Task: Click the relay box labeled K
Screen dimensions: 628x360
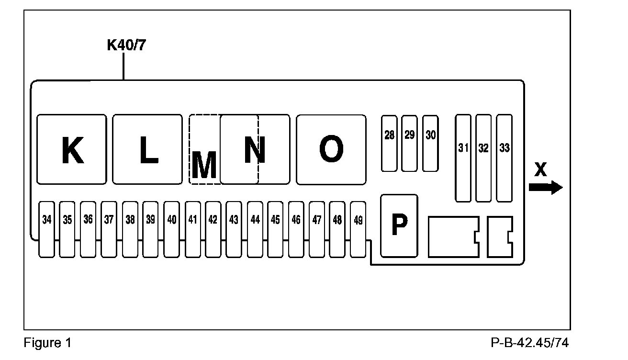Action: (x=72, y=149)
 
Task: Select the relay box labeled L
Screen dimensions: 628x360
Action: (x=147, y=149)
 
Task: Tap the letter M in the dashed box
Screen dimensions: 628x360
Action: (x=204, y=164)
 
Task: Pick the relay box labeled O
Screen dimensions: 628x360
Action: (x=331, y=149)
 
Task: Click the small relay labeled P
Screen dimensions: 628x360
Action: (x=399, y=225)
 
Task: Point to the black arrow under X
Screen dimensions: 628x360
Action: (x=546, y=187)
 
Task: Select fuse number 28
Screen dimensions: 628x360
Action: (x=389, y=143)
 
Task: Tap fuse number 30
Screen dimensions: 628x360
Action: (x=431, y=143)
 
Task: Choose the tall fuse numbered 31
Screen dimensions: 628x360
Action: (x=463, y=158)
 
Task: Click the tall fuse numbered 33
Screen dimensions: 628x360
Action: (x=505, y=158)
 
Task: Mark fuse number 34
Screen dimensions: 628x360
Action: (x=46, y=229)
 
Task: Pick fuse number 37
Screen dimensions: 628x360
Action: (x=109, y=229)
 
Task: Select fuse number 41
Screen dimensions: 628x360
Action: (x=192, y=229)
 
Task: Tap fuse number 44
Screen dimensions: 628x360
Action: (x=255, y=229)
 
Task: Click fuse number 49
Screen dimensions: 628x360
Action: (x=358, y=229)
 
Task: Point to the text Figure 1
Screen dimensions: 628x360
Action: (x=47, y=343)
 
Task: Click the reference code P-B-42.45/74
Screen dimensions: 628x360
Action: (x=530, y=343)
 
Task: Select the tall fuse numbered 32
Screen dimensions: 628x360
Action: (x=483, y=158)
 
